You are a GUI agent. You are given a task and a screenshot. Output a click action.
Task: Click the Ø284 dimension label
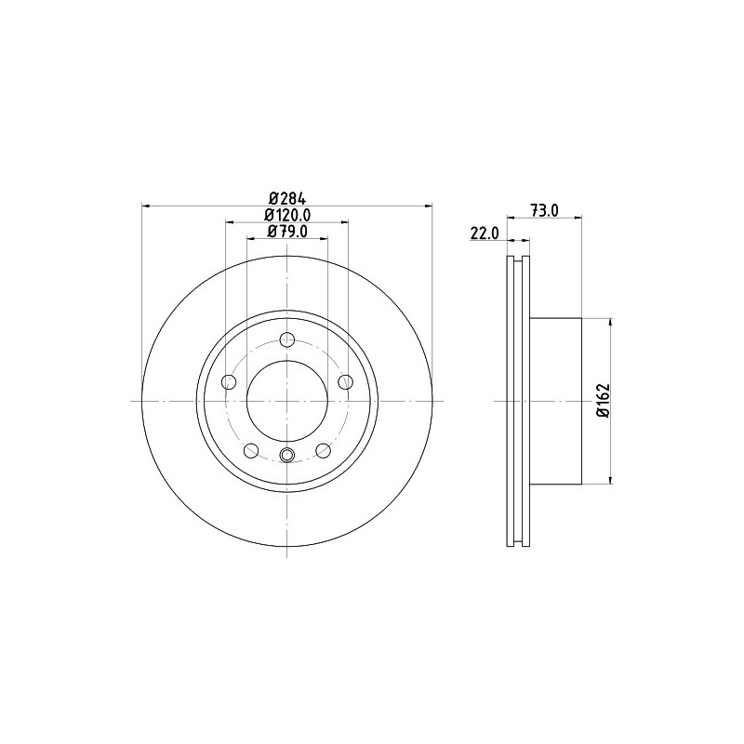pos(287,197)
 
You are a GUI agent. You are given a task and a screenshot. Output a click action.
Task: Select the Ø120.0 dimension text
pos(287,215)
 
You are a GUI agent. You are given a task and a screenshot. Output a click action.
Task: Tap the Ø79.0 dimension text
pos(287,231)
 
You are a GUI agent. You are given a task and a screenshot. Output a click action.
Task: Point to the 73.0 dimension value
pos(545,210)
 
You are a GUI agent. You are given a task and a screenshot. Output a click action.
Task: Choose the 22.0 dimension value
pos(485,233)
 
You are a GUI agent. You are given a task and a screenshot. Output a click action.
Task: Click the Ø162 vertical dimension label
pos(604,401)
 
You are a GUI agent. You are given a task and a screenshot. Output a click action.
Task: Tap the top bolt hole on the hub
pos(287,339)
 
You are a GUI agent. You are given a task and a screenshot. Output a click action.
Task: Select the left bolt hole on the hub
pos(229,381)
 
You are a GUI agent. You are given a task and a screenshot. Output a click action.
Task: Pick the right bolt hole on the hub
pos(345,381)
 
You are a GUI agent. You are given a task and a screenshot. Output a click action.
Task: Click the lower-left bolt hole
pos(250,450)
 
